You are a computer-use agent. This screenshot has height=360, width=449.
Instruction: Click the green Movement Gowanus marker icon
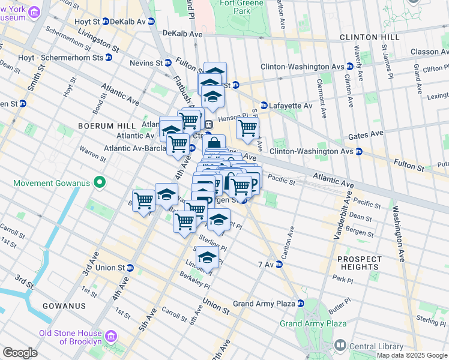click(x=100, y=182)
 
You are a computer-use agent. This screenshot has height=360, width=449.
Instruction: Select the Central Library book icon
click(x=340, y=345)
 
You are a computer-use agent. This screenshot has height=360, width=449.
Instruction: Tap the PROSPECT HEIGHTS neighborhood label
click(x=359, y=263)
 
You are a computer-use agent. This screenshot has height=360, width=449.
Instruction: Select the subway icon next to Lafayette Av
click(x=264, y=106)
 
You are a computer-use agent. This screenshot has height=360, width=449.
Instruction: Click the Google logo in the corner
click(x=20, y=353)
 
